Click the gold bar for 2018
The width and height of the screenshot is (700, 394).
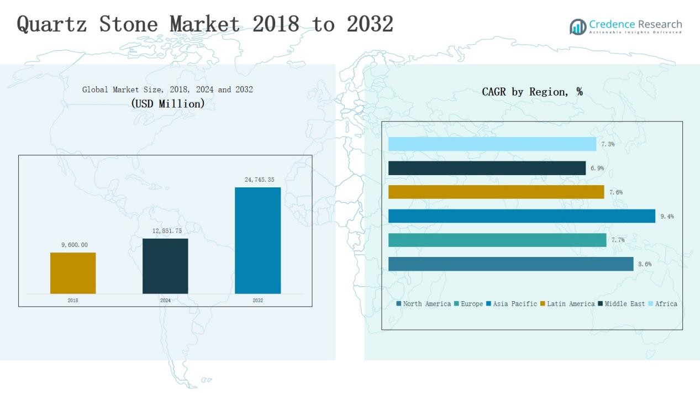coord(73,273)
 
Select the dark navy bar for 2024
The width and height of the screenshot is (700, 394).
coord(165,266)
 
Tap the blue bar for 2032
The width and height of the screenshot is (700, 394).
coord(257,240)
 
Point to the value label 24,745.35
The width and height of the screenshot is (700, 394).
coord(259,180)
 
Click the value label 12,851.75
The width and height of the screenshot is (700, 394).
coord(167,231)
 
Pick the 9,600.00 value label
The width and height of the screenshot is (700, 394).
coord(74,245)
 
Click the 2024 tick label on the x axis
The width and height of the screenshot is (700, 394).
coord(165,301)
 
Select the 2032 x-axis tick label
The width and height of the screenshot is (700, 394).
coord(257,301)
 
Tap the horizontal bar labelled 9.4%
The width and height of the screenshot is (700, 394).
coord(522,216)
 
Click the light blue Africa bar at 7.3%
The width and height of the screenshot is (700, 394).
coord(492,144)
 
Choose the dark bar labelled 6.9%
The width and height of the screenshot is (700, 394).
coord(487,168)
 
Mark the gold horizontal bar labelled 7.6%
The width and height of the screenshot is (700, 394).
coord(496,192)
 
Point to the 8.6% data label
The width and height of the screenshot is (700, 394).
coord(644,264)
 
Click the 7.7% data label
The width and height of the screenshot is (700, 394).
coord(617,240)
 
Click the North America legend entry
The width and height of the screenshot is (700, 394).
coord(423,304)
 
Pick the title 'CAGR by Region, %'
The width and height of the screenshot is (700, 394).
coord(532,92)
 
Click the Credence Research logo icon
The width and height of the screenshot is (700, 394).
coord(578,27)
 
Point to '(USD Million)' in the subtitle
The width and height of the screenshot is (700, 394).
coord(167,103)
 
